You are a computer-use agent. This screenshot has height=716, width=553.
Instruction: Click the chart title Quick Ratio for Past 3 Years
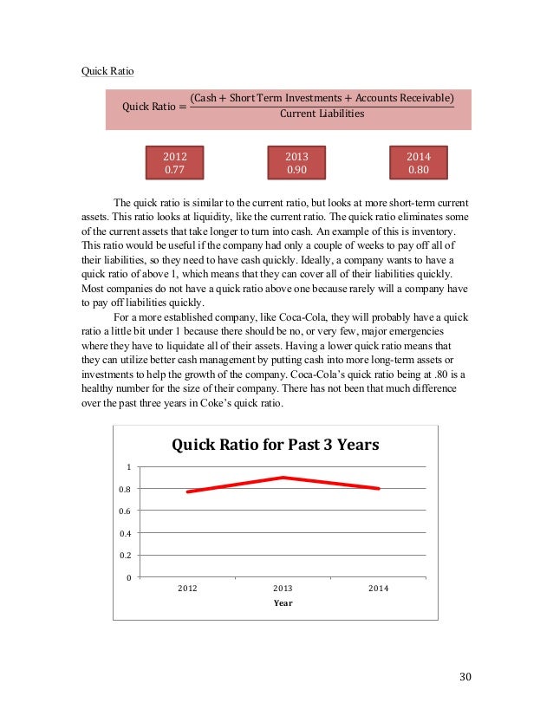(x=276, y=445)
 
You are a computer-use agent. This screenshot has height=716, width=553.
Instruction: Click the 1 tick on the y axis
(x=128, y=467)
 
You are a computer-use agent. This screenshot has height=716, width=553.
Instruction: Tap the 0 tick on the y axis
(x=128, y=577)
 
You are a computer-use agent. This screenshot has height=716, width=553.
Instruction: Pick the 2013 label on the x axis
(x=283, y=589)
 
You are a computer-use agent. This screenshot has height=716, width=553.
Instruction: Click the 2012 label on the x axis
(x=187, y=589)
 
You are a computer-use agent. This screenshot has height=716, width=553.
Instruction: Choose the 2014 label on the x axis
(x=378, y=589)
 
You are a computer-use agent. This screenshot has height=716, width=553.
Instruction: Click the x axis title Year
(x=283, y=603)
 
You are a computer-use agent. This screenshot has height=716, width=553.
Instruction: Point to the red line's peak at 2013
(x=283, y=478)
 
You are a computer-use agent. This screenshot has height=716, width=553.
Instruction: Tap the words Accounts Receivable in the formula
(x=401, y=96)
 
